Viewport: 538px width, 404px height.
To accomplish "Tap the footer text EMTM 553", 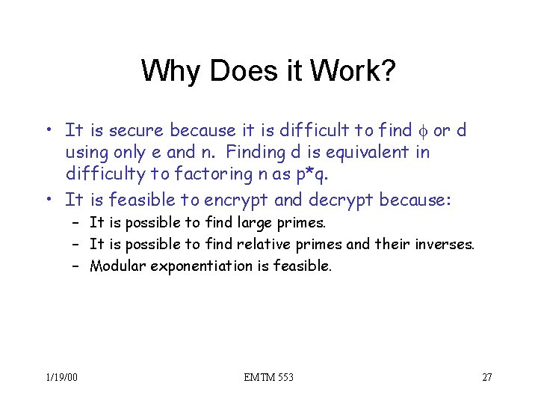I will click(269, 377).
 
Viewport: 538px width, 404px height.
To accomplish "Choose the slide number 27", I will click(486, 377).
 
